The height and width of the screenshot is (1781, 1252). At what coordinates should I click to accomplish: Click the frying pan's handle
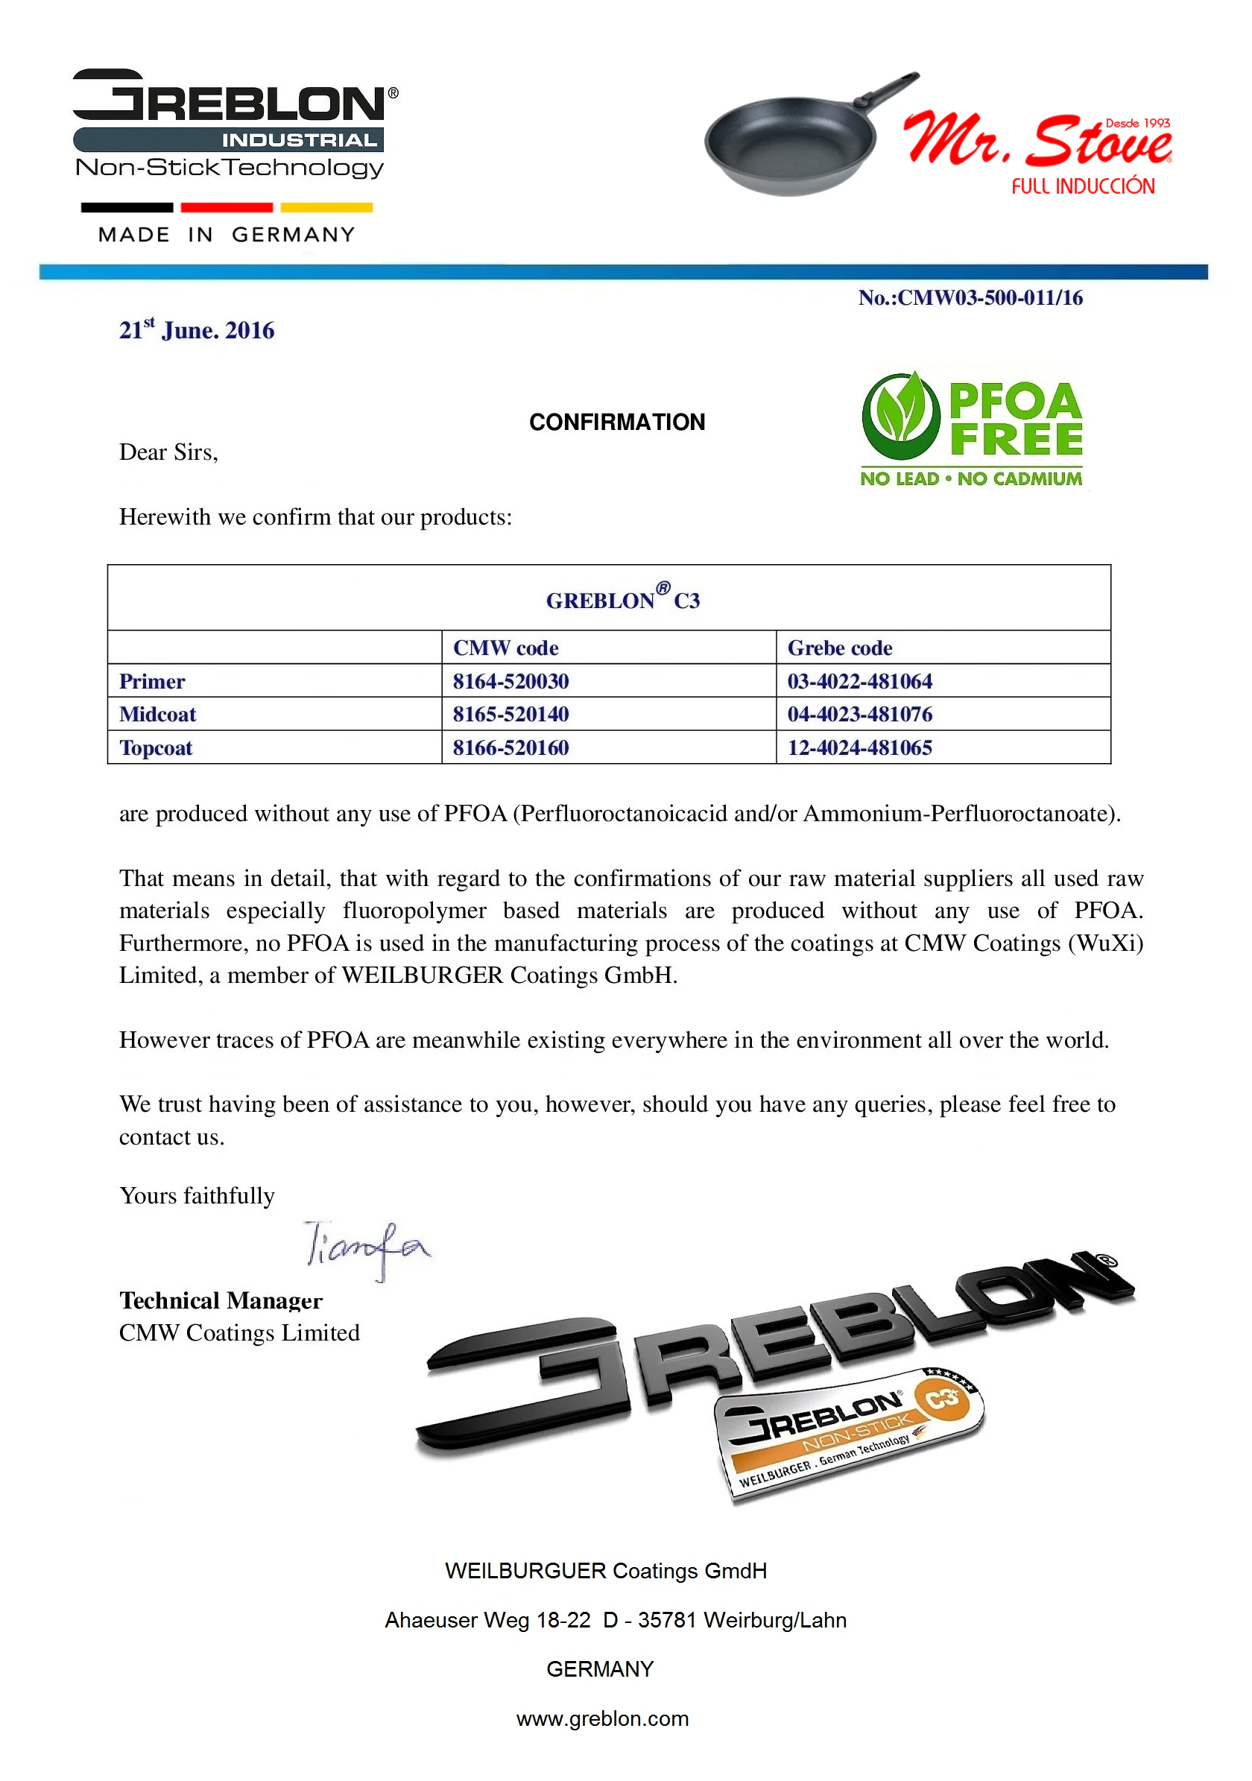[889, 92]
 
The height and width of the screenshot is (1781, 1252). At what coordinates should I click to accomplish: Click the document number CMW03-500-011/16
[970, 298]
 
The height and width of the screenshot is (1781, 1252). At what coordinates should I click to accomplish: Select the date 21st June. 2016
[196, 330]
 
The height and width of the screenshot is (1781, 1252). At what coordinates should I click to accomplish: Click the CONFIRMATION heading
[617, 422]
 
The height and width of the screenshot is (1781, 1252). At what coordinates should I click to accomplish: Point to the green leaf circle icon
[900, 416]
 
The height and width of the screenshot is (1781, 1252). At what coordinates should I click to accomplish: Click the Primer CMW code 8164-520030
[510, 681]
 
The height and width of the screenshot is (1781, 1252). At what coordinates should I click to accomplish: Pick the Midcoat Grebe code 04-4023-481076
[859, 714]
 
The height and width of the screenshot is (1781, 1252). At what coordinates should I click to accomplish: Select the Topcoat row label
[156, 747]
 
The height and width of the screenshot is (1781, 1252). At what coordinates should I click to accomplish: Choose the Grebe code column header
[839, 648]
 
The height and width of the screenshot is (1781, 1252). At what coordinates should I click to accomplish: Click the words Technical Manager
[221, 1301]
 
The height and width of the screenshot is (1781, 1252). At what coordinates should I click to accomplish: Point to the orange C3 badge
[942, 1399]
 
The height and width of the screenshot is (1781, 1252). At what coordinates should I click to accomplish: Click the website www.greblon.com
[602, 1718]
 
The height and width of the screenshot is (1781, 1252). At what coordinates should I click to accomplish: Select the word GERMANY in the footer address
[600, 1668]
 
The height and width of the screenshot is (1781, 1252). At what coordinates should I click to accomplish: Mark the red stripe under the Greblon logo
[227, 207]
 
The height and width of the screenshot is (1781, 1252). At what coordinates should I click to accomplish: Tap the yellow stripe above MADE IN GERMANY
[326, 207]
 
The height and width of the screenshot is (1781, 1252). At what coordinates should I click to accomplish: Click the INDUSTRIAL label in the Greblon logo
[299, 140]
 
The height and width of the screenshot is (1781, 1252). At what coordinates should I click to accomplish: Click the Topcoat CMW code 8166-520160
[510, 747]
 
